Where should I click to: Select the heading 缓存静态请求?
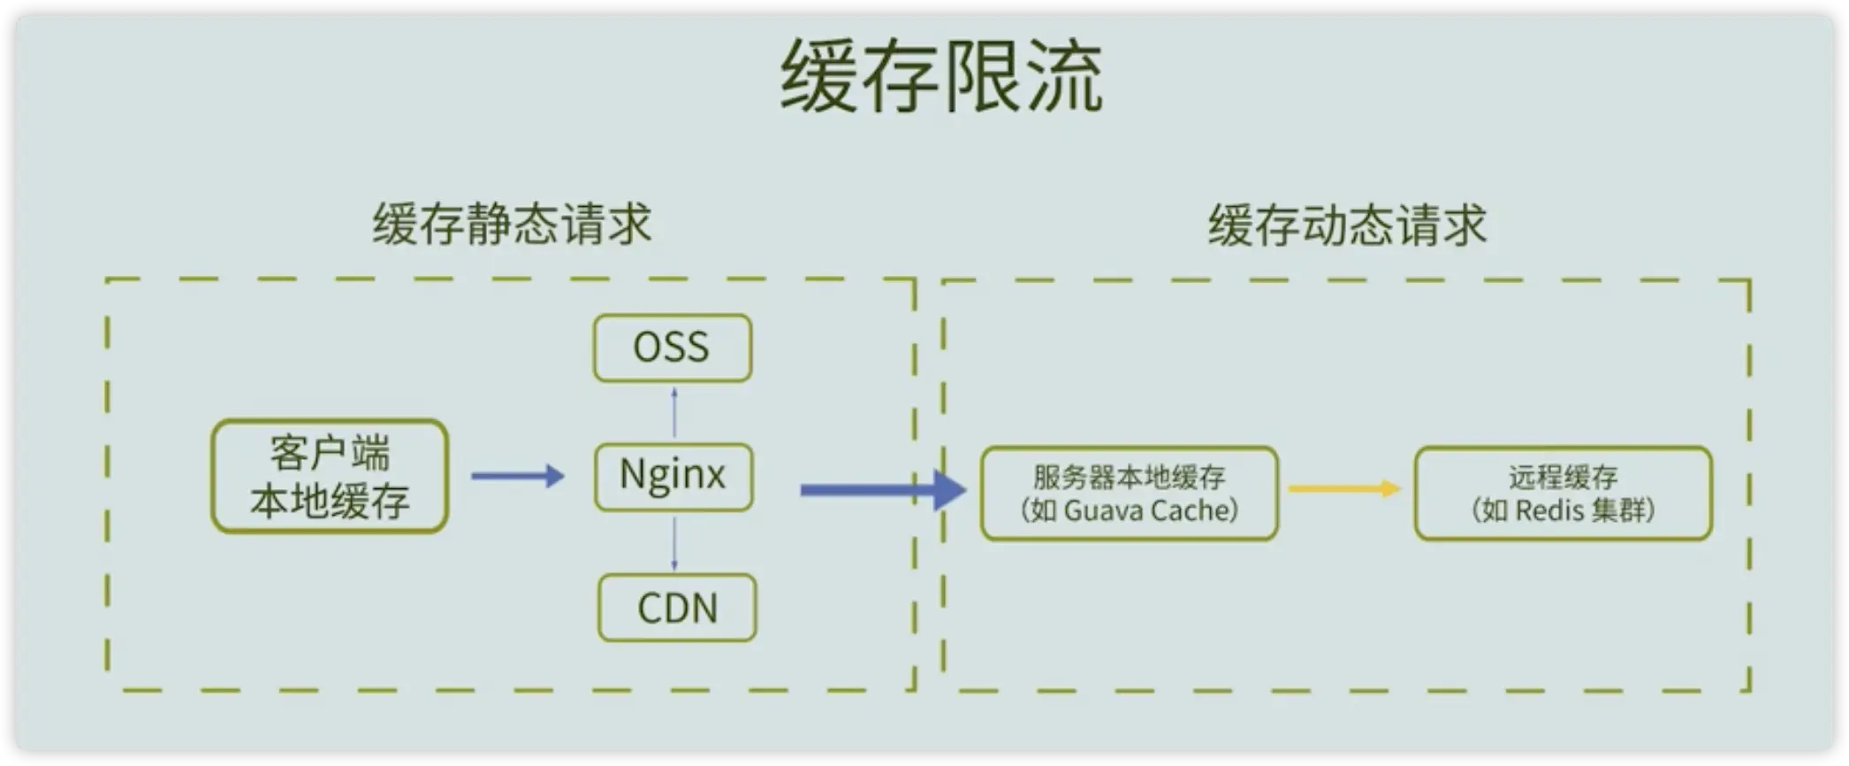point(512,224)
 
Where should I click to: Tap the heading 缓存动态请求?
point(1347,226)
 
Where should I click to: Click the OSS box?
point(673,348)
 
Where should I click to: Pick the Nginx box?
point(673,477)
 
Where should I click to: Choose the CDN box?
point(677,608)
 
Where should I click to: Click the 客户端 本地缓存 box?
point(330,477)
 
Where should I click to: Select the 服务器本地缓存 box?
point(1129,494)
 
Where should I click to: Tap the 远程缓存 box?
point(1563,494)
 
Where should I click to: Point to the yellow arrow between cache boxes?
point(1344,488)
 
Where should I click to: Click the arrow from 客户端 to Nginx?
point(517,477)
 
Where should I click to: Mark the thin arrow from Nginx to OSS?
point(674,412)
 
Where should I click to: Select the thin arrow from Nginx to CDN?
point(674,543)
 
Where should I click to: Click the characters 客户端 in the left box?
point(330,454)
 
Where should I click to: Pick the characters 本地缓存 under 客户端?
point(330,502)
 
